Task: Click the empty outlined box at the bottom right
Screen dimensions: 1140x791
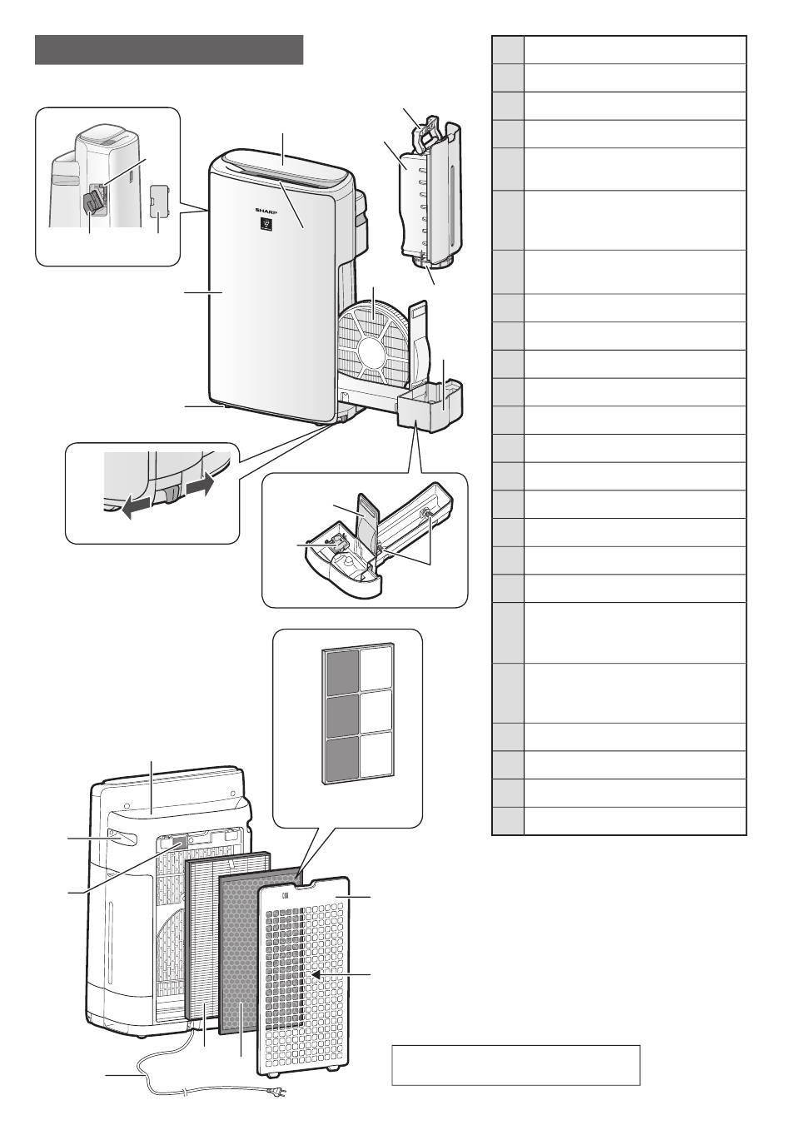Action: [515, 1065]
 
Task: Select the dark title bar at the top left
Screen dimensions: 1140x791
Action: [168, 50]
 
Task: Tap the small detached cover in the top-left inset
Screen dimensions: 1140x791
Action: [159, 201]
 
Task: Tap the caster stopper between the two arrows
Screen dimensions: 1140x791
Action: [170, 496]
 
